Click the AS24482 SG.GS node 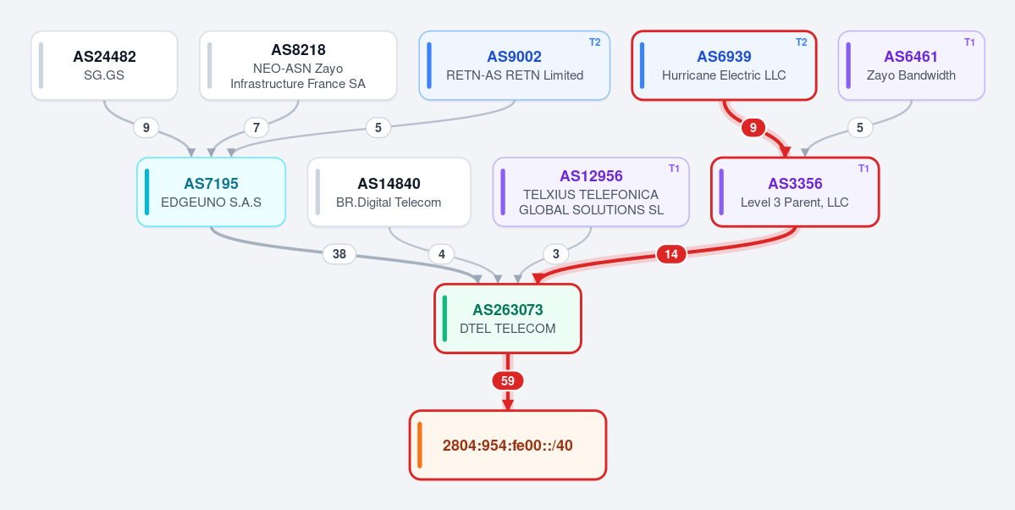(x=104, y=65)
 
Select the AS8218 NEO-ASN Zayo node (x=298, y=65)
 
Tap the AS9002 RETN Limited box (x=515, y=65)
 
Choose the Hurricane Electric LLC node (x=724, y=65)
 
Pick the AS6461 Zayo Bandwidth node (x=912, y=65)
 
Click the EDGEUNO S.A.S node (x=211, y=191)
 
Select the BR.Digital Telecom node (x=389, y=191)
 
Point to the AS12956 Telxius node (x=591, y=191)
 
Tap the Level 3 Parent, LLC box (x=795, y=191)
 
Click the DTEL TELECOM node (x=508, y=319)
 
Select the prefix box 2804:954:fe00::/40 (x=508, y=446)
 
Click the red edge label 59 (x=508, y=381)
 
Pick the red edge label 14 (x=671, y=255)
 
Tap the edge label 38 (x=339, y=255)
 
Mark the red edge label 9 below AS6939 (x=753, y=128)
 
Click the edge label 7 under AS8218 (x=257, y=128)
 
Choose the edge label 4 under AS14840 (x=442, y=255)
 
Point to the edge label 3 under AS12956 (x=555, y=255)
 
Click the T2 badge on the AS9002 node (x=595, y=42)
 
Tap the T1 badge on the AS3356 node (x=863, y=169)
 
